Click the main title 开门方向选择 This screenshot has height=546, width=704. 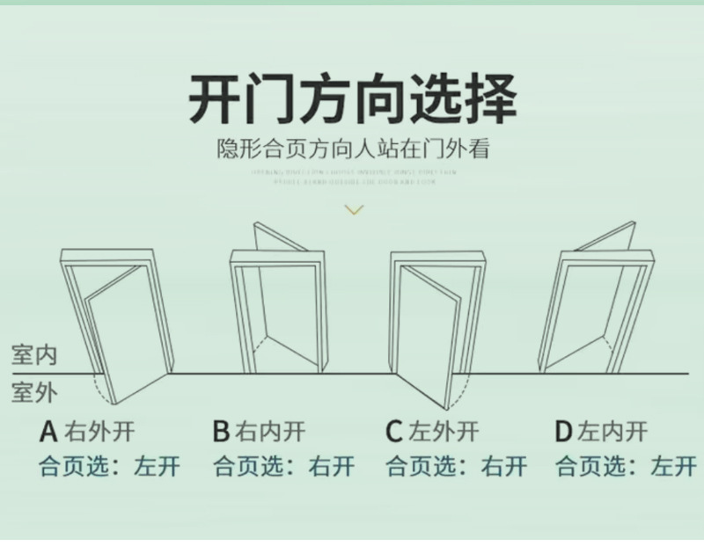click(352, 98)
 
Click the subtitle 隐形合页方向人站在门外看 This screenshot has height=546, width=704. click(353, 150)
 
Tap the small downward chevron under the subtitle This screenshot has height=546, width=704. click(353, 209)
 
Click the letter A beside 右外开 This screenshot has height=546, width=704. click(49, 432)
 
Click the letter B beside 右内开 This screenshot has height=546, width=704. click(221, 432)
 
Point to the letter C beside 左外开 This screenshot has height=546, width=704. click(393, 432)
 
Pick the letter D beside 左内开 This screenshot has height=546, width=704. click(564, 432)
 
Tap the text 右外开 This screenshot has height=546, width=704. click(99, 432)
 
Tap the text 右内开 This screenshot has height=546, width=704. click(271, 432)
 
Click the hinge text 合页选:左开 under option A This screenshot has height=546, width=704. click(109, 466)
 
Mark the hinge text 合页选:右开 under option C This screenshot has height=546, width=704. click(455, 466)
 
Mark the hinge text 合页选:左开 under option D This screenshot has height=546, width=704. click(625, 466)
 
